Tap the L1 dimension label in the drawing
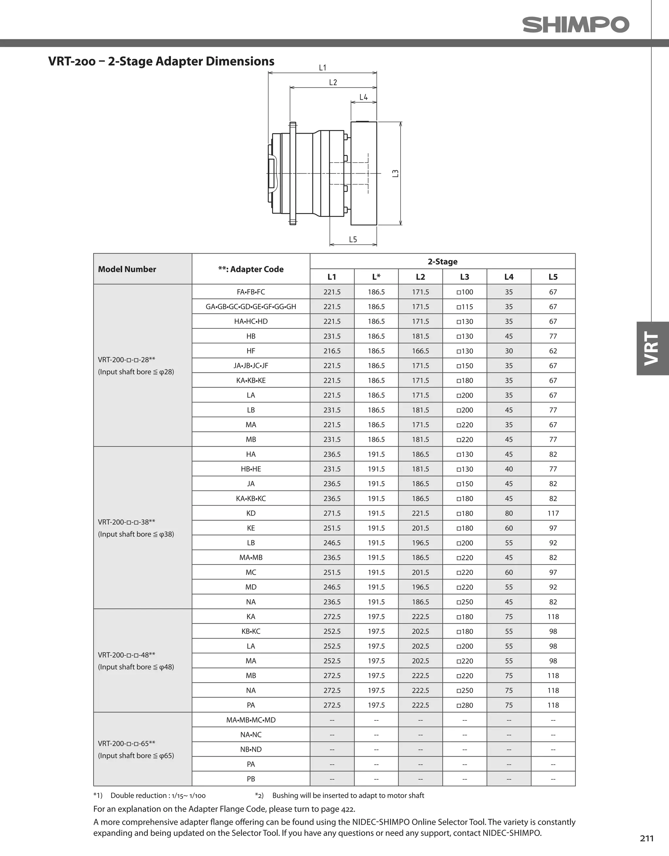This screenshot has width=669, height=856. (322, 68)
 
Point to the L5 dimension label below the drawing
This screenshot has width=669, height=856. (353, 239)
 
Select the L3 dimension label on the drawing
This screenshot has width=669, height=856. (396, 173)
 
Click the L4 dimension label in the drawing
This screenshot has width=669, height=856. (363, 97)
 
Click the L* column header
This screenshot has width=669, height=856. (376, 277)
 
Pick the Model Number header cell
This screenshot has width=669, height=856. (127, 269)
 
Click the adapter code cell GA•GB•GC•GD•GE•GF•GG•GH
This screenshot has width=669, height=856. (251, 306)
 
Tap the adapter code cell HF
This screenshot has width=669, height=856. (251, 351)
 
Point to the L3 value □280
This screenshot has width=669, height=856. (465, 705)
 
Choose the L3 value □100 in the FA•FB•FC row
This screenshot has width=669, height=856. (465, 292)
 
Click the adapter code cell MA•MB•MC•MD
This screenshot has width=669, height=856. (251, 720)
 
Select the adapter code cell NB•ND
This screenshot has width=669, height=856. (251, 749)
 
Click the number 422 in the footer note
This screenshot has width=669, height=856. (348, 809)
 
